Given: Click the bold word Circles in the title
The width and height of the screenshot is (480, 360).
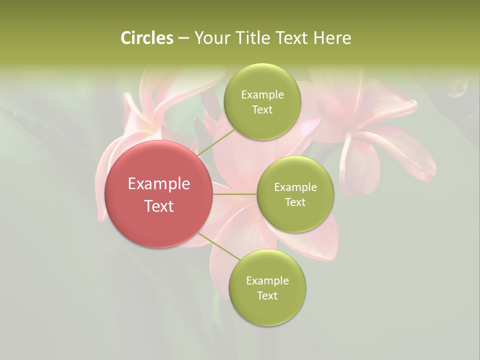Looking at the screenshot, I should tap(146, 38).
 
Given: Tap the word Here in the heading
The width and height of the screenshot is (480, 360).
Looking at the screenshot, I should tap(332, 38).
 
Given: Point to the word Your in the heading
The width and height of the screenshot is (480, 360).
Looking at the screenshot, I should tap(212, 38).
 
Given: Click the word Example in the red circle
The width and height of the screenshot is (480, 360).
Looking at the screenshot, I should tap(159, 184).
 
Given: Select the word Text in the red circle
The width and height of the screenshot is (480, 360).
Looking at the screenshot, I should tap(159, 206).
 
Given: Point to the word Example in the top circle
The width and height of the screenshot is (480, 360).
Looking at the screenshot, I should tap(262, 95).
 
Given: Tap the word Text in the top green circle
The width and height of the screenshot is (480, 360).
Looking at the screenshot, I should tap(262, 110).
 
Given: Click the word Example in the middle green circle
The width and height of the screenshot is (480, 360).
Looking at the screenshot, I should tap(295, 187).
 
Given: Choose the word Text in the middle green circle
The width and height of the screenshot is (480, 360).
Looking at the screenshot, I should tap(295, 202).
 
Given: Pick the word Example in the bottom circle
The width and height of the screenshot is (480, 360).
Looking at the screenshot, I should tap(267, 281).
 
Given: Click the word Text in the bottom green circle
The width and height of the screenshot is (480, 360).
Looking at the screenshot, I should tap(267, 296).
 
